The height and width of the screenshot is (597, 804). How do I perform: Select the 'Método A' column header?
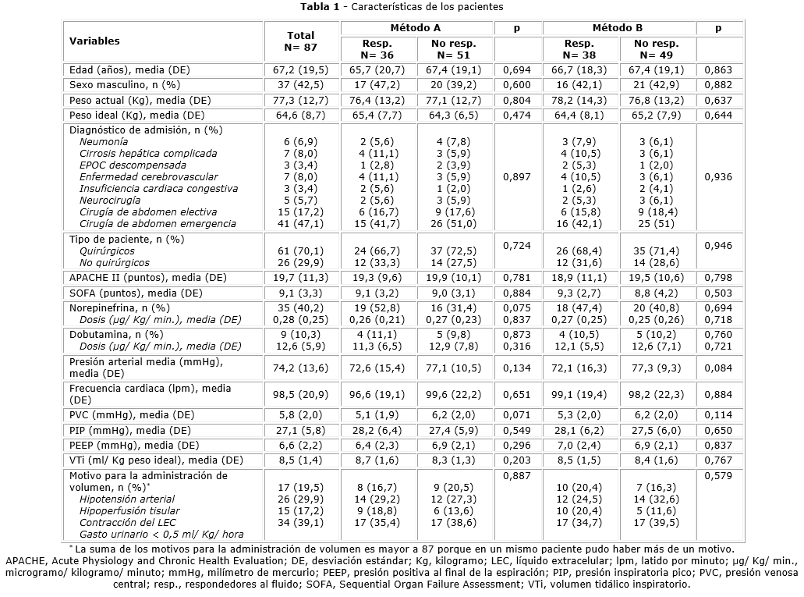[x=417, y=28]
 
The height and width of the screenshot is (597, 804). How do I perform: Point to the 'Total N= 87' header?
[x=300, y=41]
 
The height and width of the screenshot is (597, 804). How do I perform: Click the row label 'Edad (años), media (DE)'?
[x=129, y=70]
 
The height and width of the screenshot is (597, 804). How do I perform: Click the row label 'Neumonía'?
[x=104, y=142]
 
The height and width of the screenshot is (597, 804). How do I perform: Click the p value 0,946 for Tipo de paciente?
[x=718, y=246]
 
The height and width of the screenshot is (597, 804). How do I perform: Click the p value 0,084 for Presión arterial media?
[x=718, y=367]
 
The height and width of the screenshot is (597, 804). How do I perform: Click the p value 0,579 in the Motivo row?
[x=718, y=475]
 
